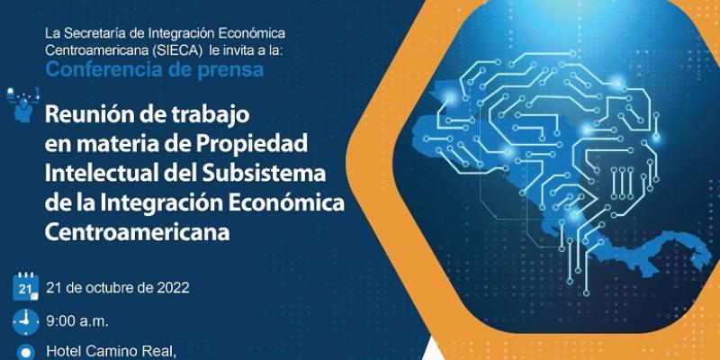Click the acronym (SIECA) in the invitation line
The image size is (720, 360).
point(163,51)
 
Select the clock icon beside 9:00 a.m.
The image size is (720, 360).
point(25,320)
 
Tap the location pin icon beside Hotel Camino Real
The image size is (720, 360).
point(25,352)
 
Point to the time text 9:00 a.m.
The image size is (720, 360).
point(75,320)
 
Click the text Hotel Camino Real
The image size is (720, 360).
point(107,351)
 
